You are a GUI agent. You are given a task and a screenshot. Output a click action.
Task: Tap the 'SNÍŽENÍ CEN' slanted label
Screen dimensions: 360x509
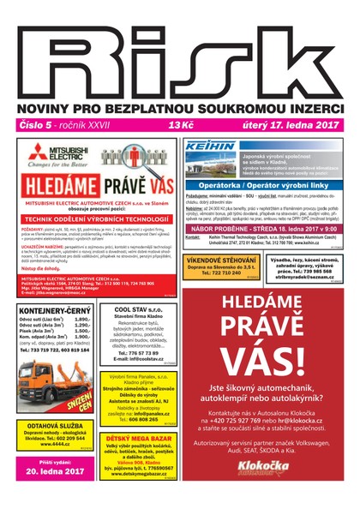click(x=81, y=401)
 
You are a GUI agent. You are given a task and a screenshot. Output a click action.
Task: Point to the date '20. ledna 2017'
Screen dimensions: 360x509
click(x=56, y=470)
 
